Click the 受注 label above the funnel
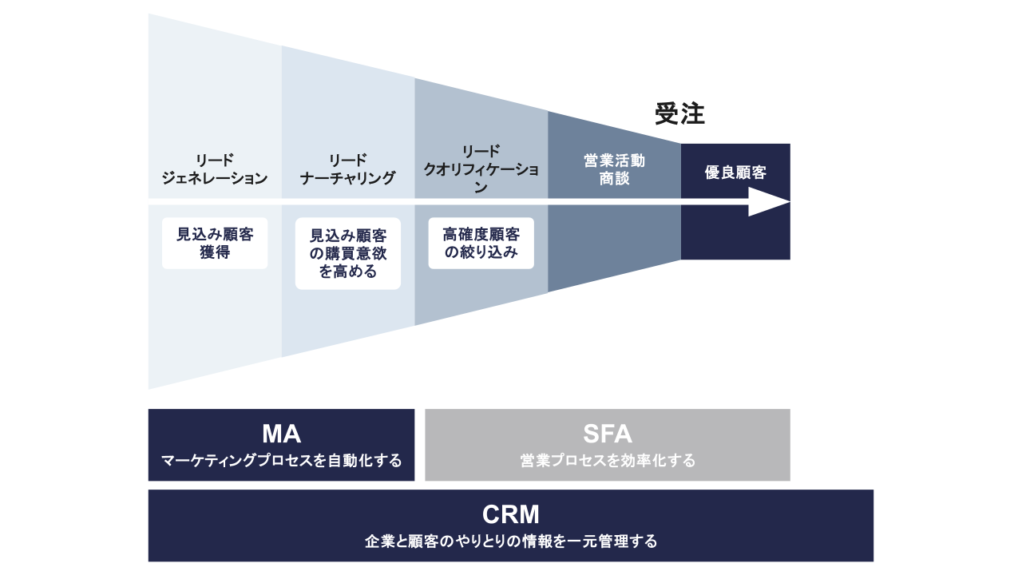(679, 114)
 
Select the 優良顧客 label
(735, 172)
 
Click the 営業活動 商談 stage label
(614, 169)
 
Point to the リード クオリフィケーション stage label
(481, 169)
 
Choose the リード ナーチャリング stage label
(348, 169)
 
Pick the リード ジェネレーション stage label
(215, 169)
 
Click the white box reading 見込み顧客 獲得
(215, 244)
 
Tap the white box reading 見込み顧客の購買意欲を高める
(348, 253)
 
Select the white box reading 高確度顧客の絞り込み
(481, 244)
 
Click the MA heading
(281, 434)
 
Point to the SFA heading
(607, 434)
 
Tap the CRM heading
(511, 514)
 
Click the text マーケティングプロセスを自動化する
(281, 461)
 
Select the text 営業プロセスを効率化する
(607, 461)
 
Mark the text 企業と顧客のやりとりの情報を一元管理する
(511, 541)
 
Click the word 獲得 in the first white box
(215, 253)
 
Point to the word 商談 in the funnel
(614, 179)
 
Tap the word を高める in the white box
(348, 272)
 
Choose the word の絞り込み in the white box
(481, 253)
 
